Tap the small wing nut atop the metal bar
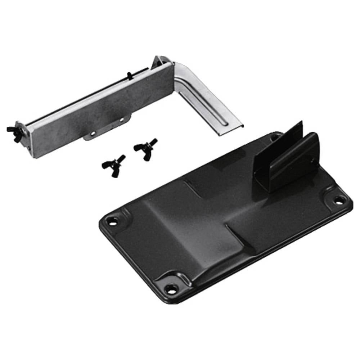(x=129, y=75)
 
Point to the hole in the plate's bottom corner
(x=170, y=288)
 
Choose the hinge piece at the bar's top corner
(x=158, y=62)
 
